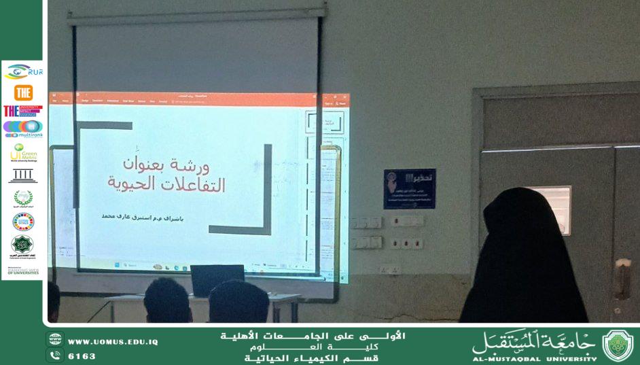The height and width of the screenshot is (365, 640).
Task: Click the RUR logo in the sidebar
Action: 24,71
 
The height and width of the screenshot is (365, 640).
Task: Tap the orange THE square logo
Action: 23,92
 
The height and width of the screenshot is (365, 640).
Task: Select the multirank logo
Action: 23,128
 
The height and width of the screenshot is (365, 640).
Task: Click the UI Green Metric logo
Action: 24,152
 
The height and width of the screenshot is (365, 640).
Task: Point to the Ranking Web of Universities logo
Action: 23,271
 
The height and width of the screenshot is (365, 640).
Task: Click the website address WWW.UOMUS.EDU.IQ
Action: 112,341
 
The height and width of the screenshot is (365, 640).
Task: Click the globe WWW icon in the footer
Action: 55,341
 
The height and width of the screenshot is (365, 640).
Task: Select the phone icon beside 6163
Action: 55,355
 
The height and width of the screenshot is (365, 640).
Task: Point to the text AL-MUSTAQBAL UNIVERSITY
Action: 534,358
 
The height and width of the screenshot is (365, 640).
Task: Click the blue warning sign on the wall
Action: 409,188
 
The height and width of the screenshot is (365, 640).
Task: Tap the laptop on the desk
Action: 217,280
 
